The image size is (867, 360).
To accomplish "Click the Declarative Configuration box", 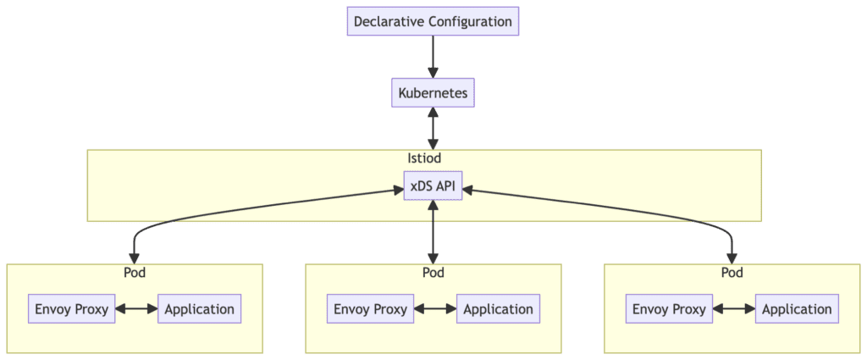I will (x=433, y=21).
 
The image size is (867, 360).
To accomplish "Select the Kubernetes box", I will (x=433, y=93).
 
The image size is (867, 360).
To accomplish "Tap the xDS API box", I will (x=433, y=186).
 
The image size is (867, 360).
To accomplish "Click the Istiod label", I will (x=424, y=158).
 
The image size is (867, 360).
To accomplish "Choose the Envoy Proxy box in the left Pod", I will (x=72, y=309).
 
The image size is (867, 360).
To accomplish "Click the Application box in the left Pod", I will (x=200, y=309).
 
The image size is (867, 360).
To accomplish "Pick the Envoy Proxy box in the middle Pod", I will (x=371, y=309).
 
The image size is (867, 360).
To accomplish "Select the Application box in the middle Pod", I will (x=498, y=309).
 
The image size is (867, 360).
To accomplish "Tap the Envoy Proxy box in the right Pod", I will (x=670, y=309).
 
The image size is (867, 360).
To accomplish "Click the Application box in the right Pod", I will (x=797, y=309).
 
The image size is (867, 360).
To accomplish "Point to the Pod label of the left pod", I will (x=134, y=273).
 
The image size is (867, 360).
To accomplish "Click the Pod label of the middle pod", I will (x=433, y=273).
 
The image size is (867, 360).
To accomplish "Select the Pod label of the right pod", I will (x=732, y=273).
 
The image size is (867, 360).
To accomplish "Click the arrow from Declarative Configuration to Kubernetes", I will (x=433, y=57).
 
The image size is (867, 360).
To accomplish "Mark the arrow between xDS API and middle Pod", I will (x=433, y=231).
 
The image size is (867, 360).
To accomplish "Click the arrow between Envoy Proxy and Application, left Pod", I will (x=136, y=309).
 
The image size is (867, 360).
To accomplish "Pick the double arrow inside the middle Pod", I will (x=435, y=309).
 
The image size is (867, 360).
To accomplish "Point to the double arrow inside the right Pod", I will (x=733, y=309).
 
